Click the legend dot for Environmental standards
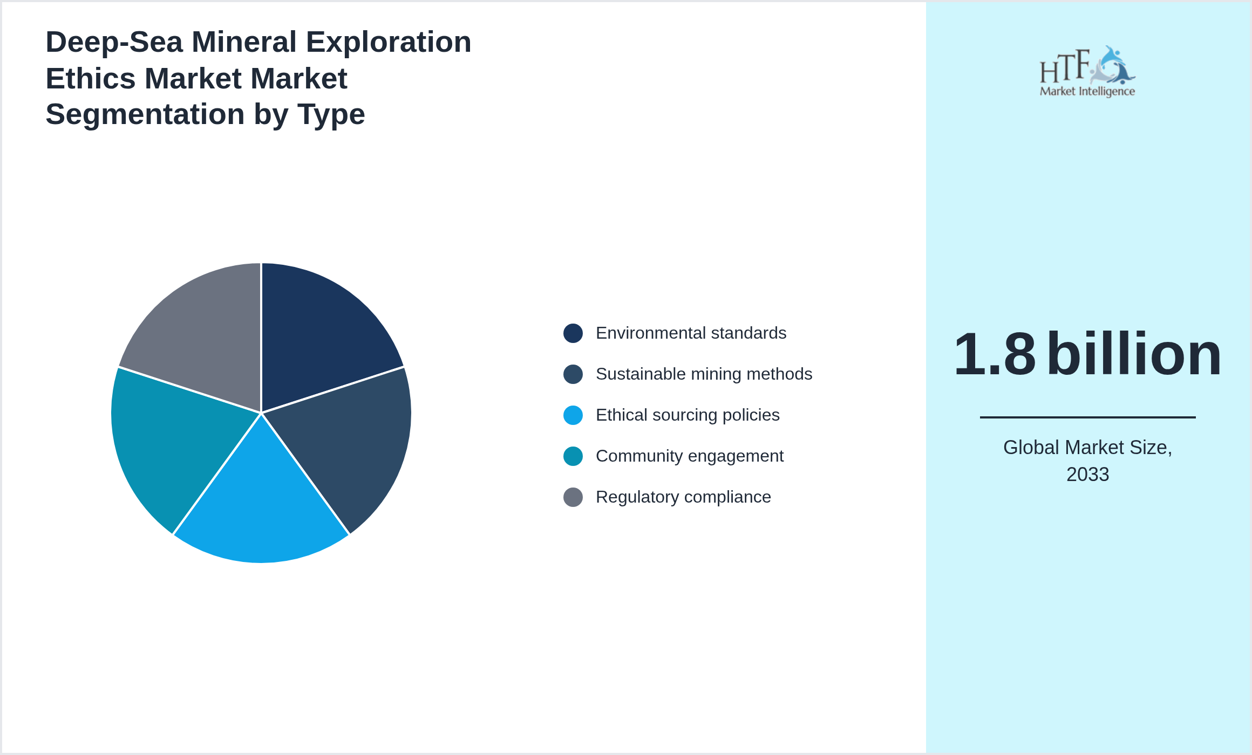coord(573,333)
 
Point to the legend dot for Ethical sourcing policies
coord(573,415)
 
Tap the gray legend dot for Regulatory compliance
coord(573,497)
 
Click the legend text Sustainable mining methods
coord(704,374)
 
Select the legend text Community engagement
coord(689,456)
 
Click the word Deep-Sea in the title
coord(114,42)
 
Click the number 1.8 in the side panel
coord(995,354)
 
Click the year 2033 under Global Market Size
coord(1087,475)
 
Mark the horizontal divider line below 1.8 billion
coord(1087,417)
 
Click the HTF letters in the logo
coord(1064,67)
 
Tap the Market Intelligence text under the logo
coord(1087,92)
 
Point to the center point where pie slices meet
coord(261,413)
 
